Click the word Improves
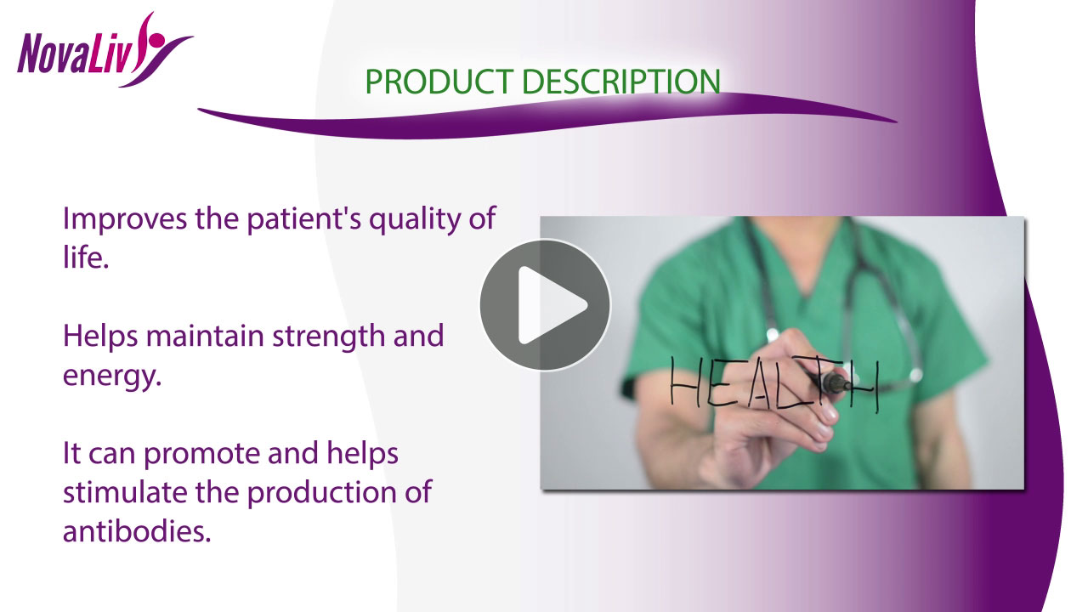click(x=125, y=219)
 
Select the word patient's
click(x=304, y=219)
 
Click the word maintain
click(x=205, y=336)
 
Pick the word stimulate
click(x=125, y=492)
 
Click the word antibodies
click(x=137, y=531)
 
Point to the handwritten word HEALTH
click(x=774, y=383)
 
